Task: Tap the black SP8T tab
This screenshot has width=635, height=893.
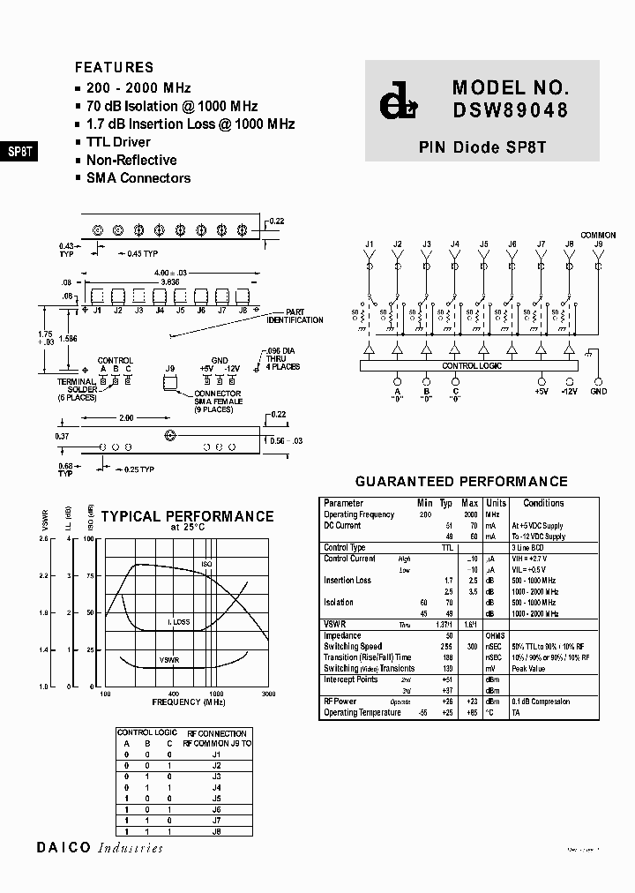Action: pos(19,151)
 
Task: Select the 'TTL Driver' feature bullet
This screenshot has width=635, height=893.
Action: pos(118,142)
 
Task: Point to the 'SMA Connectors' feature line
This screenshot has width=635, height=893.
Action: pos(138,178)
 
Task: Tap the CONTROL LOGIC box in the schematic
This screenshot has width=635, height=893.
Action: pos(472,365)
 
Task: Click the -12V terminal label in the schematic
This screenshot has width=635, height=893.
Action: pos(569,390)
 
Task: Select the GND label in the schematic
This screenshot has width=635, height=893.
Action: pos(599,390)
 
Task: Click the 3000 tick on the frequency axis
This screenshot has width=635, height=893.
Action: pos(268,694)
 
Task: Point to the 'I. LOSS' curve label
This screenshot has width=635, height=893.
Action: pos(179,622)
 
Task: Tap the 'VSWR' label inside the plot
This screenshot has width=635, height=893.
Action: pos(169,659)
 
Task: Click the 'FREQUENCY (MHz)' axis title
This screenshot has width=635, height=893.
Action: pos(189,702)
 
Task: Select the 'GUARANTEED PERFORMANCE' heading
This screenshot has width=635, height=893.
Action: pos(460,482)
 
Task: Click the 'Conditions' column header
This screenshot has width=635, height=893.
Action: pos(543,503)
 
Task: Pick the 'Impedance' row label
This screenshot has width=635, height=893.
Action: pos(342,635)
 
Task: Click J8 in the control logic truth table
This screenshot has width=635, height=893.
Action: pos(216,831)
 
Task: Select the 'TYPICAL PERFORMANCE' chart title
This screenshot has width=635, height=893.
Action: pos(187,516)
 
